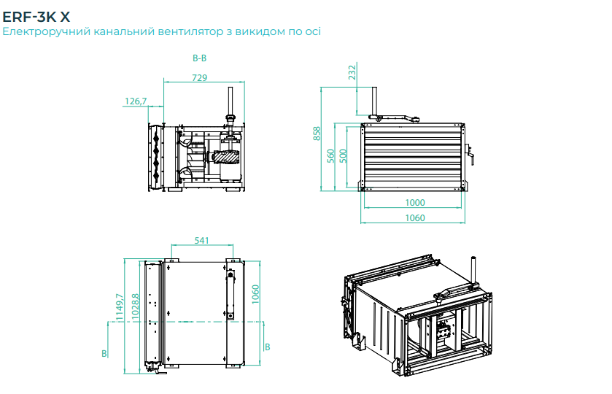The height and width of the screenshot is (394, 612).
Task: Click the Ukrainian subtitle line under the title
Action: point(161,32)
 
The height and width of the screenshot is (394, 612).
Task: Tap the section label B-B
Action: point(199,58)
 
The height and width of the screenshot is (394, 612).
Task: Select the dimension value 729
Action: point(199,77)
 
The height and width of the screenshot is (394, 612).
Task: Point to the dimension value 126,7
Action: point(136,101)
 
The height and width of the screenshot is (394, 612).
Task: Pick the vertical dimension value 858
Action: point(317,133)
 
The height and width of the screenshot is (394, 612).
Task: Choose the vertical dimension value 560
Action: point(330,155)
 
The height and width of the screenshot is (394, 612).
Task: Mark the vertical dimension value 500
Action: point(343,155)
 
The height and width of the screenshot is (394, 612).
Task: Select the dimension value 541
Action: point(202,240)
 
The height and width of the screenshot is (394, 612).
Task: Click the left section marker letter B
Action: point(105,353)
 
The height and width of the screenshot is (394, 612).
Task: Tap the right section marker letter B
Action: point(267,347)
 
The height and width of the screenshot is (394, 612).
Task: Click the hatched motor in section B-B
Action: point(226,157)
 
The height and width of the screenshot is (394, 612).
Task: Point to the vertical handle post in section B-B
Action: point(230,102)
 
